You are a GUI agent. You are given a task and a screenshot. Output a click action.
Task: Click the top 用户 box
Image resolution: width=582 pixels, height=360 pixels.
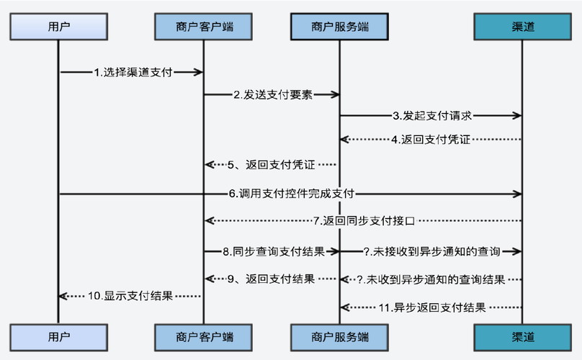tap(58, 27)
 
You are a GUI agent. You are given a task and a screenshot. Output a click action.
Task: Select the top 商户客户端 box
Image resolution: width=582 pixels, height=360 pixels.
tap(204, 27)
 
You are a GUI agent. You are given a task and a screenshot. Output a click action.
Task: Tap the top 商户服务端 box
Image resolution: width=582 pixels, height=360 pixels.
tap(340, 27)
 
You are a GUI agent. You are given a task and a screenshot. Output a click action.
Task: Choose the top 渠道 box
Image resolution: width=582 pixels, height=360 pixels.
tap(521, 27)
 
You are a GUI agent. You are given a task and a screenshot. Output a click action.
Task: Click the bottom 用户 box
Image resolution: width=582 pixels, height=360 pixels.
tap(58, 336)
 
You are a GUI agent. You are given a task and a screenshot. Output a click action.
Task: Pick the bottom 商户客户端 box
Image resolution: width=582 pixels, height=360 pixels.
tap(204, 336)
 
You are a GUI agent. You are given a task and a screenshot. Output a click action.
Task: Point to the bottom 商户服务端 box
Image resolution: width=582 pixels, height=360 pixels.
tap(340, 336)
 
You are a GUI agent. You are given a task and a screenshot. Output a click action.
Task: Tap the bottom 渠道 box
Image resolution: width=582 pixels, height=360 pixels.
tap(521, 336)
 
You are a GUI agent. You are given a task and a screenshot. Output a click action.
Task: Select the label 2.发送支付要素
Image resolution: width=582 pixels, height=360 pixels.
tap(272, 94)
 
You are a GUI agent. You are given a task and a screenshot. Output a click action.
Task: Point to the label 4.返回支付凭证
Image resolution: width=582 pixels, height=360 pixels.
tap(431, 140)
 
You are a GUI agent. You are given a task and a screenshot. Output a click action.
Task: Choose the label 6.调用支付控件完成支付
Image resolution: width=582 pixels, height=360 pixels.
tap(291, 193)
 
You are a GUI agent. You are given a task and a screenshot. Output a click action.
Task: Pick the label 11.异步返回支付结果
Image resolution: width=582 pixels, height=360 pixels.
tap(432, 307)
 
